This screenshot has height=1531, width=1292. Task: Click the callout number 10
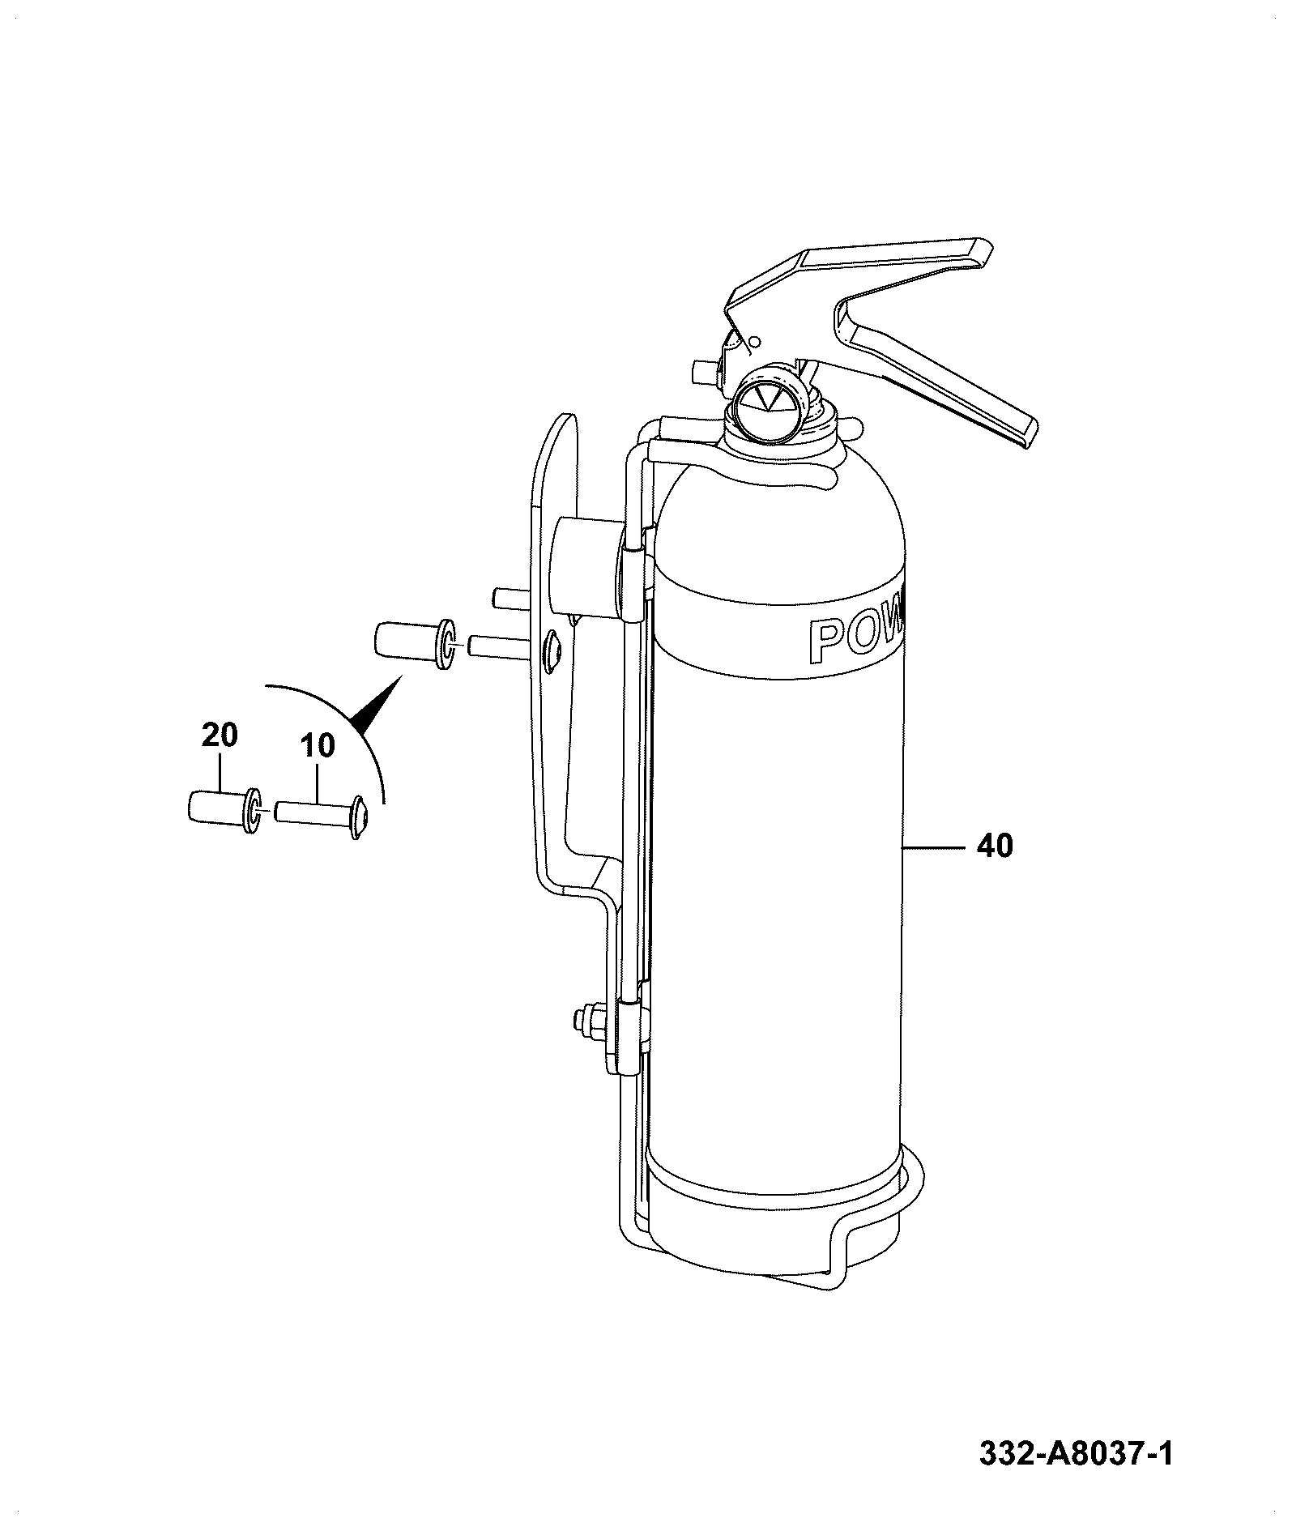(x=318, y=746)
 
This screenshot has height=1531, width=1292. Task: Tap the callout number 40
(x=995, y=847)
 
